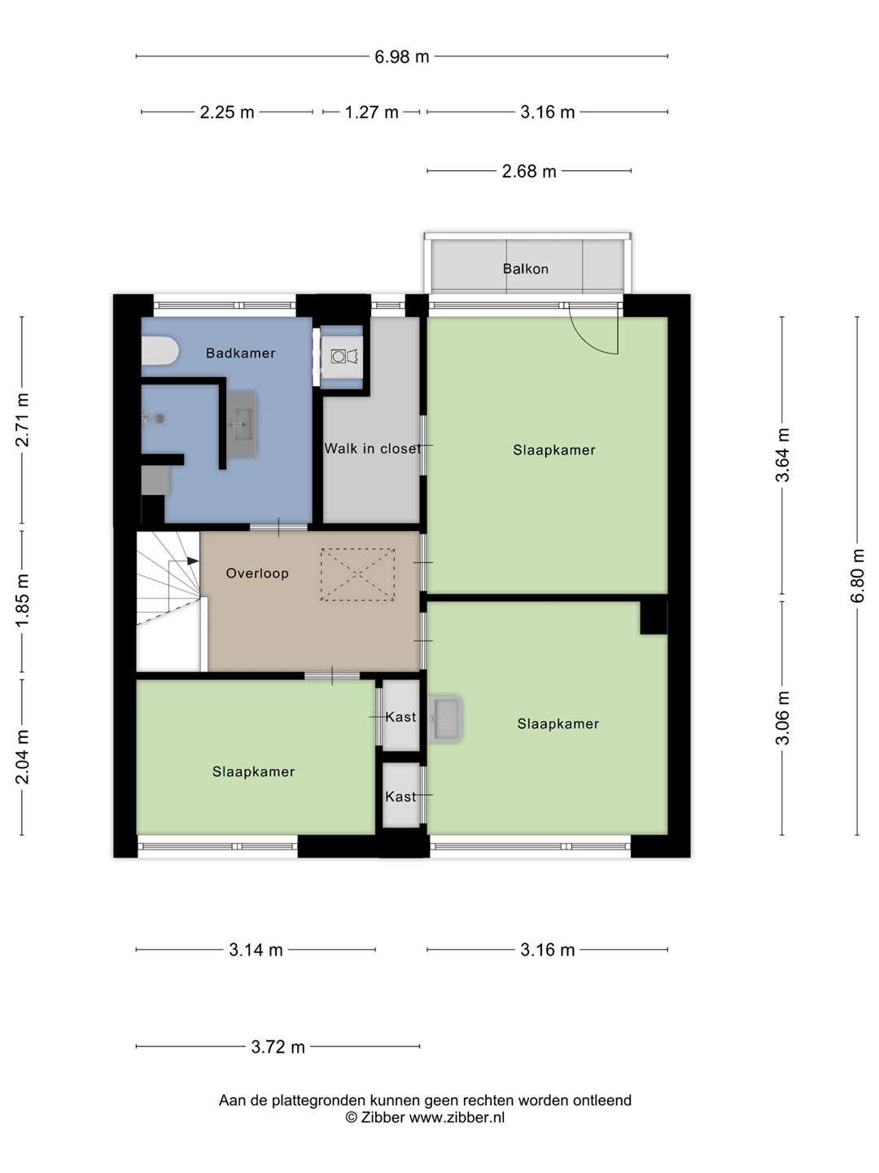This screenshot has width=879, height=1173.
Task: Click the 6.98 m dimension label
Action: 401,57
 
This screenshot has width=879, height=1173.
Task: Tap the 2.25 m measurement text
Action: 227,112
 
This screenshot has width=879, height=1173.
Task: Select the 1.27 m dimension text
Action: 371,112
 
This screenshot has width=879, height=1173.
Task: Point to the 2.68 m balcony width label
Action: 529,171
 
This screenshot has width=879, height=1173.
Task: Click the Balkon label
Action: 526,269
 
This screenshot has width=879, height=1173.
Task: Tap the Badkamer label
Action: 241,353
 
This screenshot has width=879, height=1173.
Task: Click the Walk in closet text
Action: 373,448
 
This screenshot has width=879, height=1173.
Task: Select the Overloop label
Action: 257,573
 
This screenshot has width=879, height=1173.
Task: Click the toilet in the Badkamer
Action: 160,351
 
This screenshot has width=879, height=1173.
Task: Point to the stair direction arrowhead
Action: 193,560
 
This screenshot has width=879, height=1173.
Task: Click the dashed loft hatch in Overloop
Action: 357,574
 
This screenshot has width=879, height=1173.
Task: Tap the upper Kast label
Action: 400,717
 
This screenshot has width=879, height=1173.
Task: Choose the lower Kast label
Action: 400,797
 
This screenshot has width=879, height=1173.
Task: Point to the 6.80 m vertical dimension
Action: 857,575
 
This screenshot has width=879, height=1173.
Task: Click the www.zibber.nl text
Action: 457,1117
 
